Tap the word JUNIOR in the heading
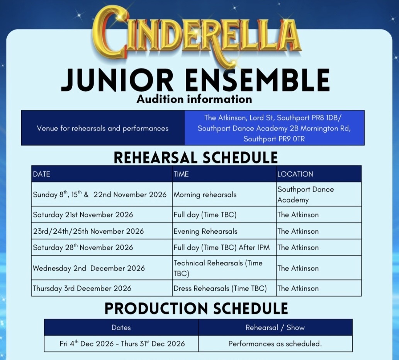pos(117,80)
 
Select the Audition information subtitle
pos(194,99)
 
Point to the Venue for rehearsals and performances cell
pos(102,128)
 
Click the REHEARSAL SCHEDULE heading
pos(195,157)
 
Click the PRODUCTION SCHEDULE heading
pos(196,308)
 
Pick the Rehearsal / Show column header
pos(275,328)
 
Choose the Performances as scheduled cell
pos(275,344)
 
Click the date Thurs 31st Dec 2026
pos(153,344)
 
